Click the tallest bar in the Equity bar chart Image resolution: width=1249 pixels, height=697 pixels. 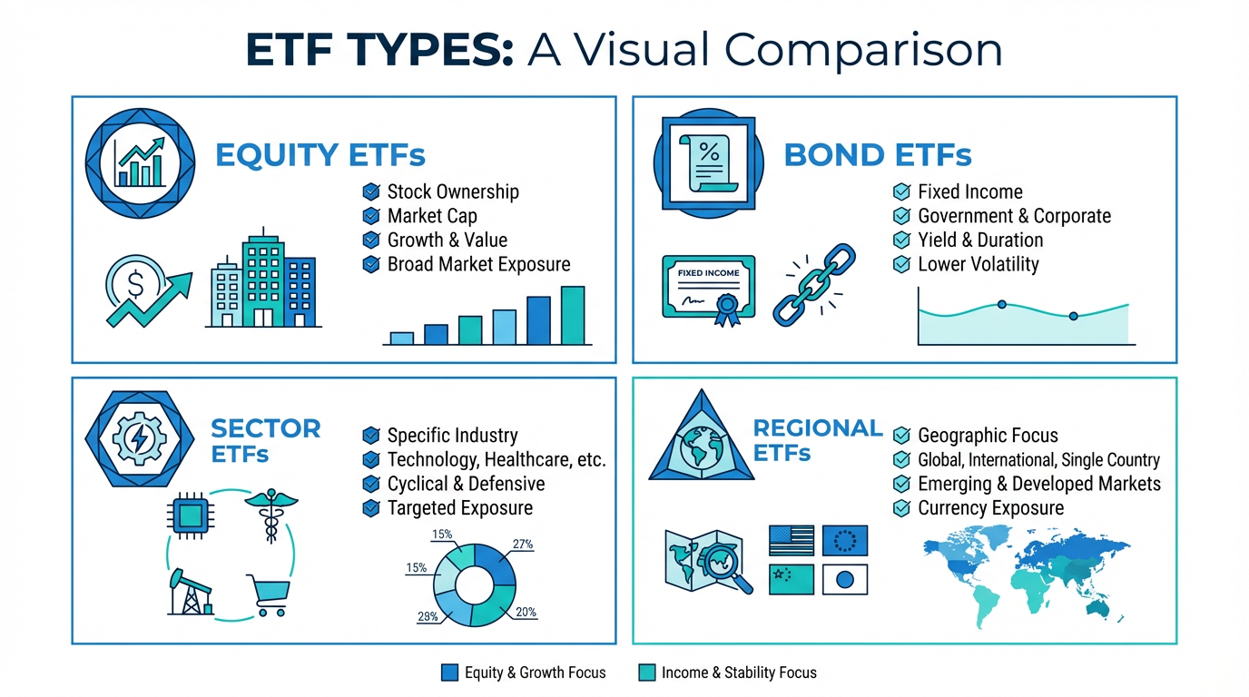click(573, 316)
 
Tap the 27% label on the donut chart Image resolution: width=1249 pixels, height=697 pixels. click(523, 544)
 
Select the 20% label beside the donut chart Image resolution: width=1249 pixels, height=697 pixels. click(526, 612)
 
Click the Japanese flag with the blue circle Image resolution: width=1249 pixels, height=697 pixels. click(845, 579)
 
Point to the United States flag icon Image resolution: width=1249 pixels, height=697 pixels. click(792, 540)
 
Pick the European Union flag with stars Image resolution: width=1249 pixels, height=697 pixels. click(845, 540)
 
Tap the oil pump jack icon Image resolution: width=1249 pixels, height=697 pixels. click(191, 592)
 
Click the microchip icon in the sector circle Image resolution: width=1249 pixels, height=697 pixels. click(190, 515)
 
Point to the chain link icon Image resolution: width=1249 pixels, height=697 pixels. click(814, 284)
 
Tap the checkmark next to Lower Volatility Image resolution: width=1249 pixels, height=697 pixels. click(901, 264)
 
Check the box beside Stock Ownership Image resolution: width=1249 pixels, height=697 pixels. click(370, 191)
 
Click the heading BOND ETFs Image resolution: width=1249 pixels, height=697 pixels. click(878, 155)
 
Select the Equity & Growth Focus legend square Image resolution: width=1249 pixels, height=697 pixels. click(449, 672)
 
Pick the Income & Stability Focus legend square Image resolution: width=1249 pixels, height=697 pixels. click(647, 672)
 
